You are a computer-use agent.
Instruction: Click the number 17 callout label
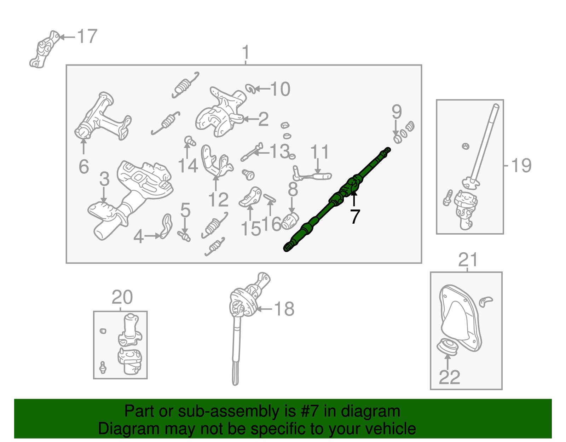pyautogui.click(x=87, y=37)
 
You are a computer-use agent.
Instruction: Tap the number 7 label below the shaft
pyautogui.click(x=355, y=217)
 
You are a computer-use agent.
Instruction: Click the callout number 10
pyautogui.click(x=281, y=89)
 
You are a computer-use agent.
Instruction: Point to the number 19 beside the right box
pyautogui.click(x=521, y=165)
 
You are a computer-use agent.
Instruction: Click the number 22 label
pyautogui.click(x=449, y=377)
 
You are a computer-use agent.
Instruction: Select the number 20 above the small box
pyautogui.click(x=122, y=297)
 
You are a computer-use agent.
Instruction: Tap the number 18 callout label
pyautogui.click(x=284, y=309)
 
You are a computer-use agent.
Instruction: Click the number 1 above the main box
pyautogui.click(x=246, y=53)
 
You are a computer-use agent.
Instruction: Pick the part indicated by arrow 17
pyautogui.click(x=44, y=50)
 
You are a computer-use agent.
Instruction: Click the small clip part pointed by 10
pyautogui.click(x=250, y=88)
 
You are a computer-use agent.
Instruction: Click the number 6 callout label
pyautogui.click(x=84, y=167)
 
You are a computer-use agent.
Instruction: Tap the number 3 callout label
pyautogui.click(x=104, y=179)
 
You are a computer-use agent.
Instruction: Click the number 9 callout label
pyautogui.click(x=397, y=112)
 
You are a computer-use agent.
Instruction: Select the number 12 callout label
pyautogui.click(x=218, y=200)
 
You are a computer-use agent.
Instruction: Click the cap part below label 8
pyautogui.click(x=291, y=221)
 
